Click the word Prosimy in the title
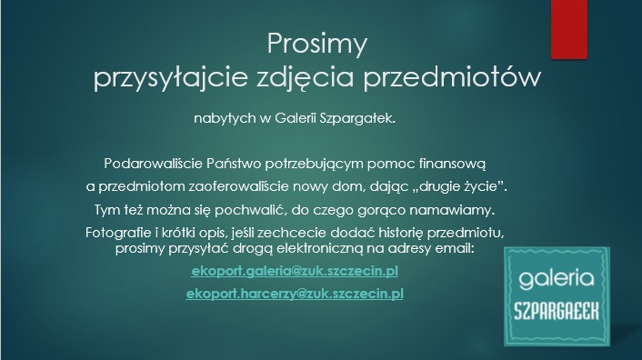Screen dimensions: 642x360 (316, 44)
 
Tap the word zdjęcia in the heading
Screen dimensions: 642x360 (305, 77)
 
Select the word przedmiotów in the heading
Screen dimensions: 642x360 (452, 76)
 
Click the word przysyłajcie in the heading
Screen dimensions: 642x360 (170, 77)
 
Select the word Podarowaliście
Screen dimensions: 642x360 (154, 164)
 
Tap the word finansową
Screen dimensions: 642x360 (452, 164)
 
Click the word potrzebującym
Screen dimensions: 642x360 (314, 164)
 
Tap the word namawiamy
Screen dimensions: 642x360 (453, 210)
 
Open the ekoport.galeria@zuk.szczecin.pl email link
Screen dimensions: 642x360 (295, 271)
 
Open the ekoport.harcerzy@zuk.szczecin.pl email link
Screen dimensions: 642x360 (295, 295)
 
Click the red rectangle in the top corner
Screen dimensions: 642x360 (569, 29)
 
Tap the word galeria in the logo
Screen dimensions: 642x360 (557, 279)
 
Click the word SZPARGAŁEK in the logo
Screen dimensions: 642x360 (557, 311)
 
